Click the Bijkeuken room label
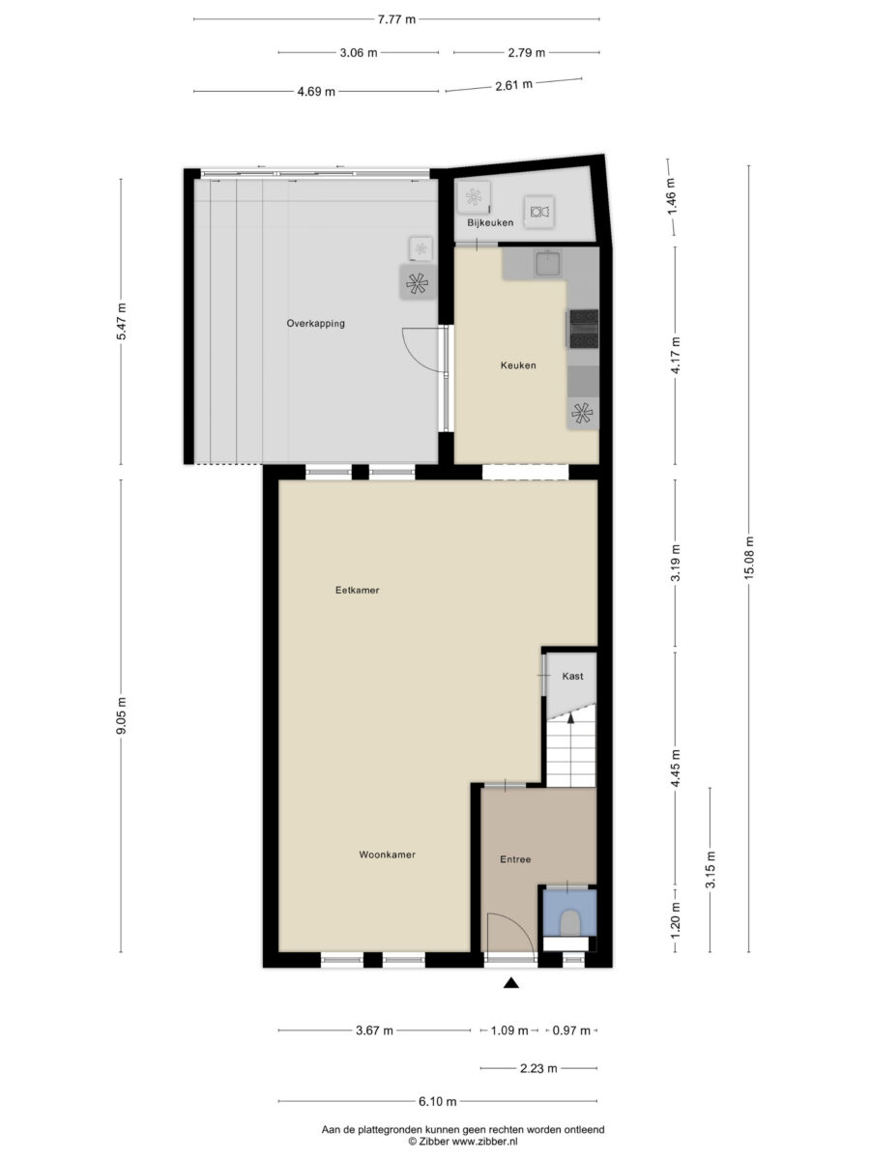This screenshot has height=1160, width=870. (x=490, y=222)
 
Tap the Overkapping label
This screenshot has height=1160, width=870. (x=315, y=323)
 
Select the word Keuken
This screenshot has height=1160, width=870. (x=518, y=365)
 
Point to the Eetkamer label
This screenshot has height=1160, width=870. (x=357, y=590)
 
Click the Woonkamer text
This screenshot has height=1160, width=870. (x=388, y=855)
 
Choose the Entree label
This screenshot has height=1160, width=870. (x=515, y=859)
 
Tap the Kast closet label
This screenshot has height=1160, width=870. (x=572, y=676)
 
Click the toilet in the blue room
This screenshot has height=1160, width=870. (x=569, y=923)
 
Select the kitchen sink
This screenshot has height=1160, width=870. (x=548, y=264)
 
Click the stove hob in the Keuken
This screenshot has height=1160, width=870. (x=584, y=329)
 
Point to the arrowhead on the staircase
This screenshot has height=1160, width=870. (x=570, y=717)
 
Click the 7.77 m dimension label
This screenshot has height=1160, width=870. (x=396, y=20)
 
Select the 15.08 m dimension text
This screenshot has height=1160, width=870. (x=748, y=558)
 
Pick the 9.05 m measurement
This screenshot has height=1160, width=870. (x=121, y=715)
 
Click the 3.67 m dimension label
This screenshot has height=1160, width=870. (x=374, y=1030)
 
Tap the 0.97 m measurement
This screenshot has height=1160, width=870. (x=571, y=1030)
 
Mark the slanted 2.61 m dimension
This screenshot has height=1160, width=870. (x=514, y=85)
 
